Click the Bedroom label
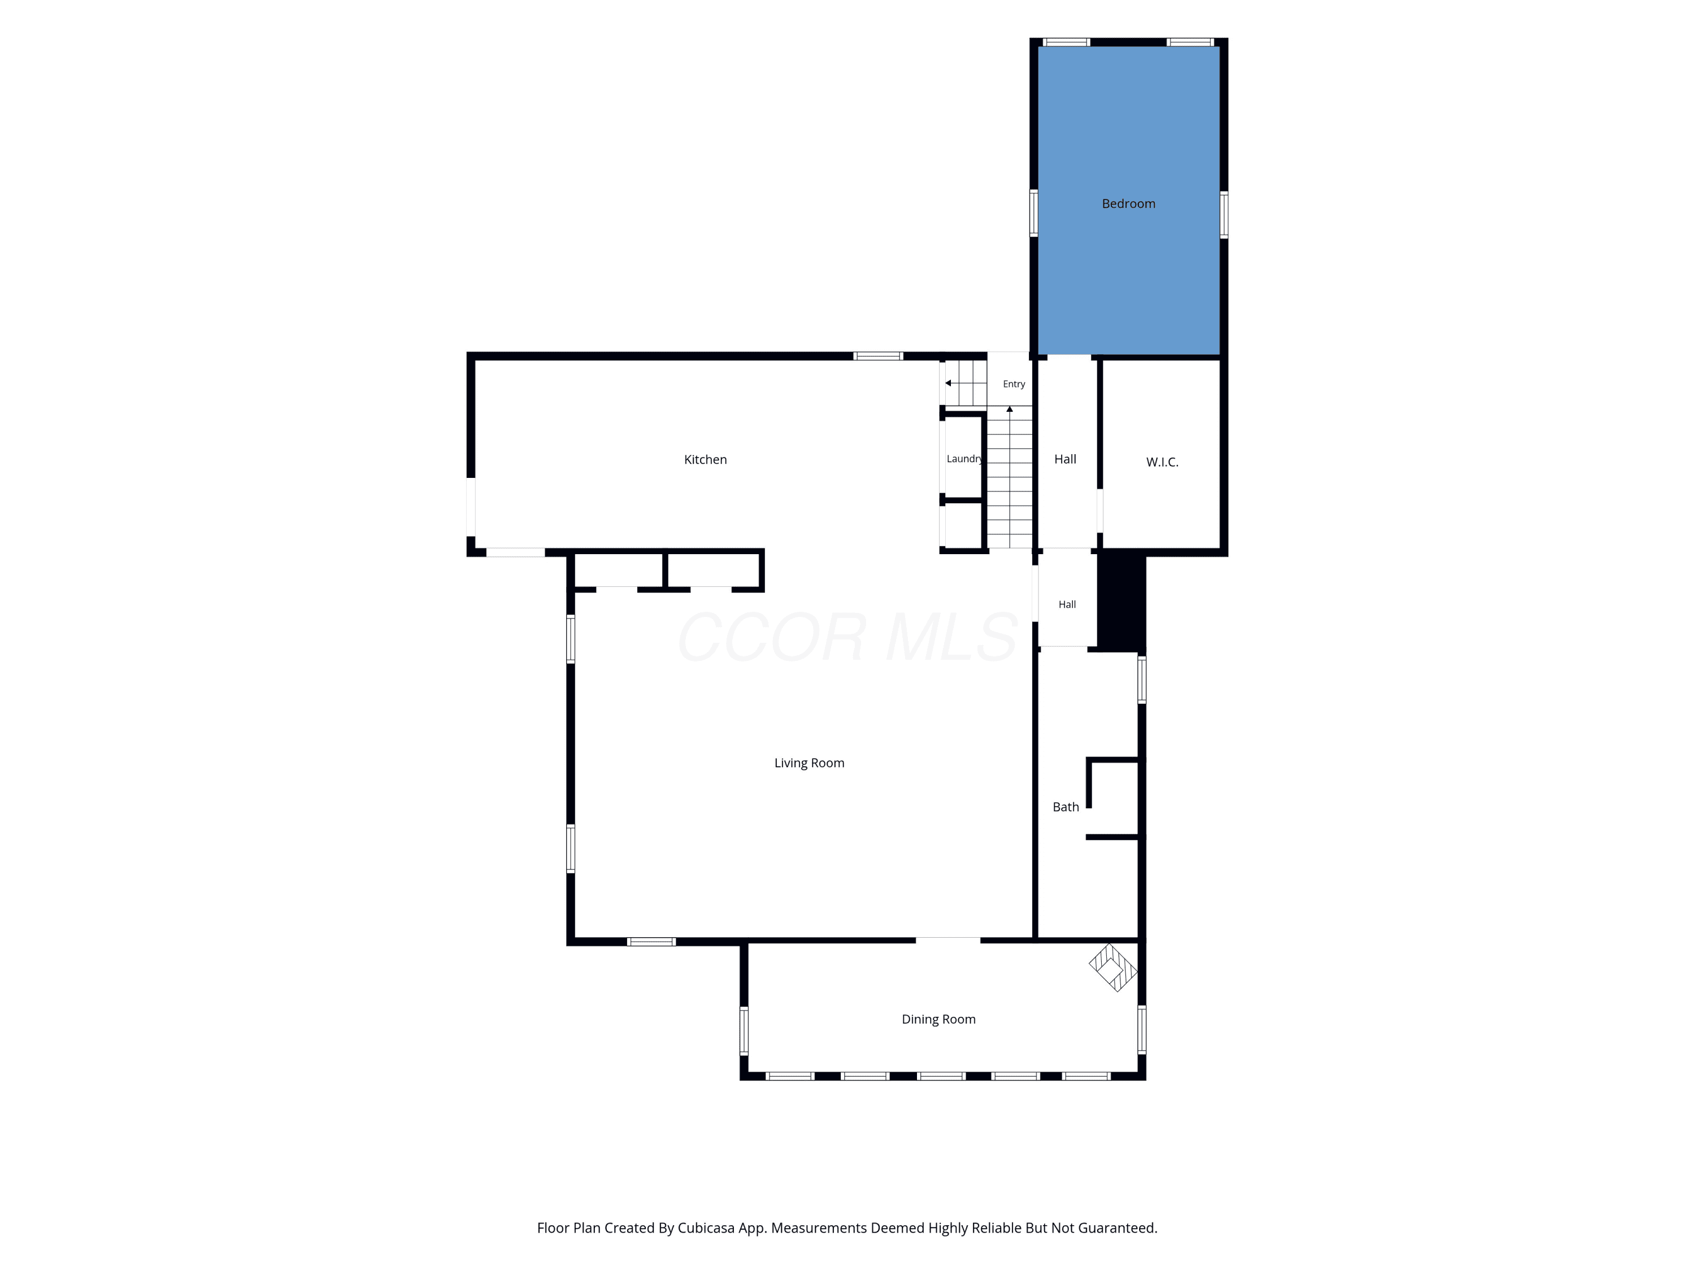click(x=1128, y=204)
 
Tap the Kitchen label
click(x=705, y=460)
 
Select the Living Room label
click(x=809, y=763)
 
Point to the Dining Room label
click(x=938, y=1019)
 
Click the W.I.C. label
click(x=1162, y=462)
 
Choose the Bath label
click(x=1065, y=807)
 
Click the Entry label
click(x=1014, y=384)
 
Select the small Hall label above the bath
click(x=1067, y=604)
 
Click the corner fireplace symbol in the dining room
click(x=1112, y=968)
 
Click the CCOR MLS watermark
click(x=847, y=637)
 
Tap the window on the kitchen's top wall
click(x=878, y=355)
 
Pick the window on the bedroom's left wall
click(x=1034, y=213)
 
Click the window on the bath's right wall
click(x=1142, y=680)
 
